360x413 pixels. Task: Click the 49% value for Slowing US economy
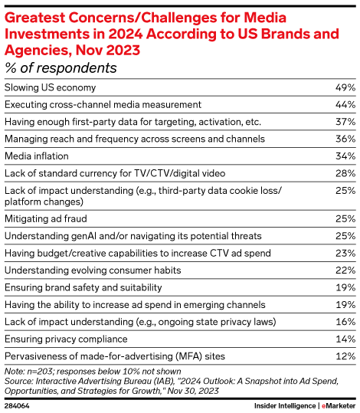point(345,87)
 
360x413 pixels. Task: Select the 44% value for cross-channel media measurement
point(345,103)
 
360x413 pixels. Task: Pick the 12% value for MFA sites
point(345,356)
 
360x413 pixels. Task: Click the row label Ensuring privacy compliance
point(64,339)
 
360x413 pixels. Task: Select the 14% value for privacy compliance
point(345,339)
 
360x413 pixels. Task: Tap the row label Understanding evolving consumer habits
point(93,270)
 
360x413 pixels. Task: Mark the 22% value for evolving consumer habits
point(345,270)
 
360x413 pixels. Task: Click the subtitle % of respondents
point(61,68)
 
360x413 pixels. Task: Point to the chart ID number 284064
point(18,405)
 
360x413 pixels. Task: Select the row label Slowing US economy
point(51,87)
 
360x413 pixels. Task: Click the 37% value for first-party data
point(345,121)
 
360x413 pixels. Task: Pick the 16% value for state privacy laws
point(345,322)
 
